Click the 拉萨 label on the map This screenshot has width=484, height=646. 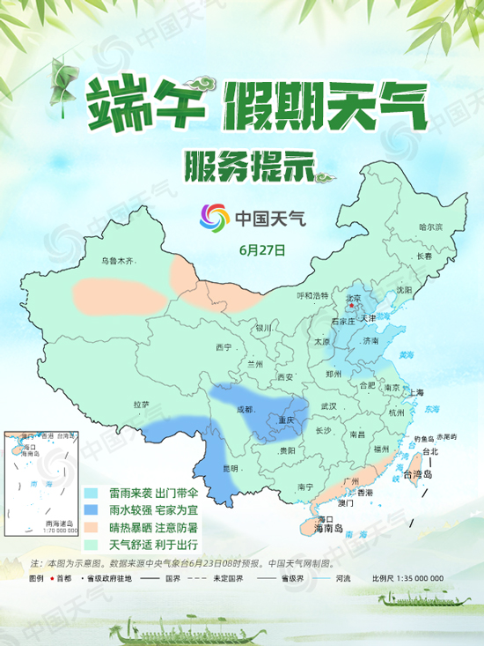(142, 405)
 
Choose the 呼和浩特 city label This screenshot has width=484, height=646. (312, 295)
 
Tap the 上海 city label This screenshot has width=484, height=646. (416, 392)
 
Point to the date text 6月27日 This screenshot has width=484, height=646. (261, 249)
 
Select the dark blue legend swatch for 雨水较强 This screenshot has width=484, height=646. (91, 511)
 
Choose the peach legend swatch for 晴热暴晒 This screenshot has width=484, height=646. (91, 528)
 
